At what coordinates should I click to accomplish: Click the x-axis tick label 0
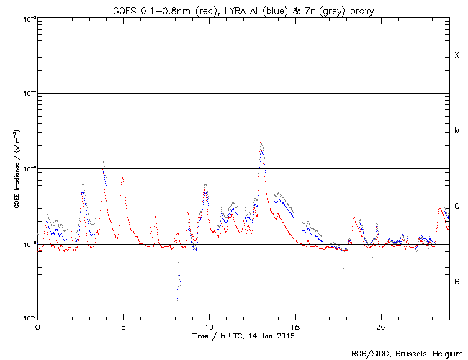37,326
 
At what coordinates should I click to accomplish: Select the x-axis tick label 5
123,326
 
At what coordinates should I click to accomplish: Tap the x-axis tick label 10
209,326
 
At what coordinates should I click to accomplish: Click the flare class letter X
456,55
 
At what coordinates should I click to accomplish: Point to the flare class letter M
456,131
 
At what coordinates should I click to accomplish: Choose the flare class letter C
456,207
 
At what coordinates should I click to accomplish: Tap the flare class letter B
456,282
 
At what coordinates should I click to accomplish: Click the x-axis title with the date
243,336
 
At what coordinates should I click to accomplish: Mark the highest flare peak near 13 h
261,143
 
